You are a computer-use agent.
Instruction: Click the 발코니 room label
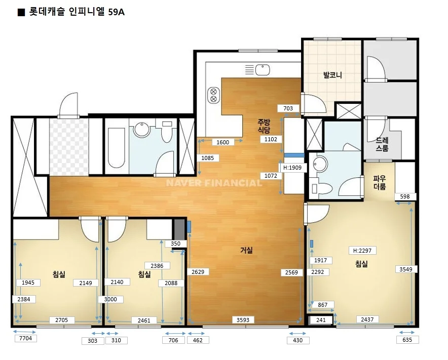click(x=332, y=75)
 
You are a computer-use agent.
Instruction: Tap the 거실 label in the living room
click(x=246, y=250)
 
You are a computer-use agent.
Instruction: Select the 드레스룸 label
click(x=382, y=144)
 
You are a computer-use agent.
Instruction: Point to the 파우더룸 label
click(x=380, y=183)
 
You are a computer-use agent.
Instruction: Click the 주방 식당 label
click(x=264, y=126)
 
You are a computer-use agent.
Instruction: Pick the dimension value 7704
click(x=25, y=338)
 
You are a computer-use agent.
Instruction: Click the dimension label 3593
click(x=243, y=320)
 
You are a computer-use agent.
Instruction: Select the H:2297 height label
click(x=362, y=251)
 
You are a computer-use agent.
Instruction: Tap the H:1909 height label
click(x=292, y=168)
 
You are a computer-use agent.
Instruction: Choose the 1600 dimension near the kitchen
click(x=222, y=142)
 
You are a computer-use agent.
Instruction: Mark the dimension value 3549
click(x=406, y=269)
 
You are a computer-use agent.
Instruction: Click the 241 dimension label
click(x=321, y=320)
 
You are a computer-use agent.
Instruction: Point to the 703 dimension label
click(x=288, y=108)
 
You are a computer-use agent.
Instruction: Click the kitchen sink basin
click(x=263, y=70)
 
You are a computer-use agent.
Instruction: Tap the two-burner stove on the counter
click(x=213, y=95)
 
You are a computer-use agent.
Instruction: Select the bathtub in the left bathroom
click(x=117, y=148)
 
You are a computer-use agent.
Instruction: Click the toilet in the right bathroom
click(x=322, y=189)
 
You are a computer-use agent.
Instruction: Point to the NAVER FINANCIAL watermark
click(x=214, y=183)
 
